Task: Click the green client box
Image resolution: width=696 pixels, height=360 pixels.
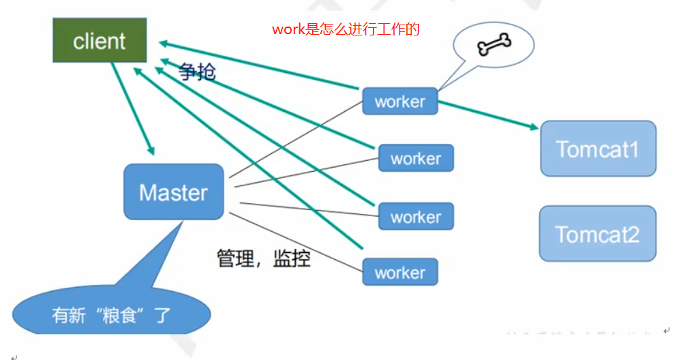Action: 100,40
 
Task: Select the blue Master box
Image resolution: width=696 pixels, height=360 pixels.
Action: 174,192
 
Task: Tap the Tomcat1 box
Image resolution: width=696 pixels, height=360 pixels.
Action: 598,149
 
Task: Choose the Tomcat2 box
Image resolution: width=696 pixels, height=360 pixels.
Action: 597,233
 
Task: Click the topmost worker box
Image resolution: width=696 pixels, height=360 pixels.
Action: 400,101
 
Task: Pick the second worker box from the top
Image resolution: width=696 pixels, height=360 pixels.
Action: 416,158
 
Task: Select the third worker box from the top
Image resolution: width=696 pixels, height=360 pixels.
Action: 416,217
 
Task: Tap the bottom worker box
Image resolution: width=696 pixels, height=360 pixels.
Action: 400,272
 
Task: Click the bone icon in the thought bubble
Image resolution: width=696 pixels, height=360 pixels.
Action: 494,44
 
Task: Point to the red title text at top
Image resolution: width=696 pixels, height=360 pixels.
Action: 346,29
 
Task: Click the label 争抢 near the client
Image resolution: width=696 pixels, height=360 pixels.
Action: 198,72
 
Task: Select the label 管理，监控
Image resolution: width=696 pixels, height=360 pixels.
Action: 264,258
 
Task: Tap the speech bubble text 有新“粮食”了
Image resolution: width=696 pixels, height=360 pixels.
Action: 111,315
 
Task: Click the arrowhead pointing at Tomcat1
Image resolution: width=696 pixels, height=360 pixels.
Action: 534,127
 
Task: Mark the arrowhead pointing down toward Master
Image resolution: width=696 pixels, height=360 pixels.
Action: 151,151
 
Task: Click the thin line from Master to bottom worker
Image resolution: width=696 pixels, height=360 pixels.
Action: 296,242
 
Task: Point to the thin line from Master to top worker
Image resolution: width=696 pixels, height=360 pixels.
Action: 296,139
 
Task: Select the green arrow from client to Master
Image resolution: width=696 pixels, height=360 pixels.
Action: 133,109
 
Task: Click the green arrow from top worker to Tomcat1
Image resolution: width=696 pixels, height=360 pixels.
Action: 488,115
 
